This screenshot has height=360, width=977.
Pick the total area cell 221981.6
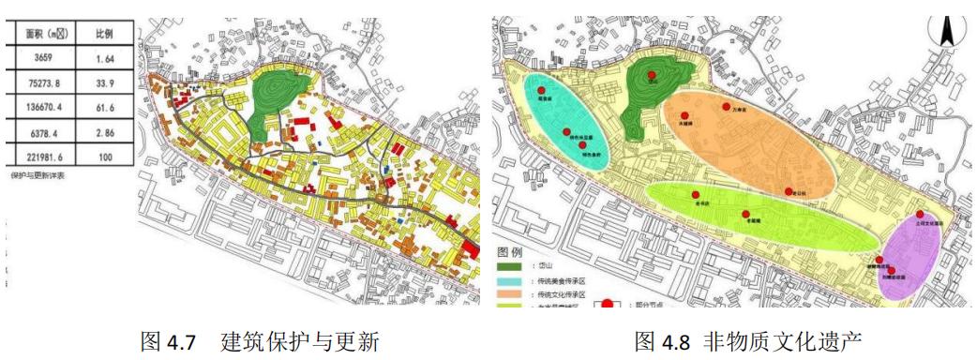click(x=41, y=157)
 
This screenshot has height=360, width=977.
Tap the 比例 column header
click(x=103, y=33)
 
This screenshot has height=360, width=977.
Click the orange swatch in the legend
click(x=508, y=292)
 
